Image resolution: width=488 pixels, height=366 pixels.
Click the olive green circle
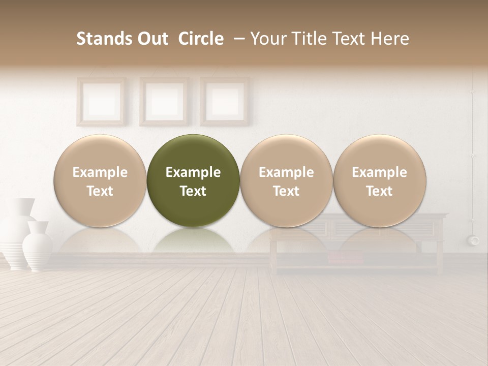point(193,180)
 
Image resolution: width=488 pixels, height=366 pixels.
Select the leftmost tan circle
point(100,180)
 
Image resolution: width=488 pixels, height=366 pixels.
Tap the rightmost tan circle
point(379,180)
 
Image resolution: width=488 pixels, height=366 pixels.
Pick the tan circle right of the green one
point(286,180)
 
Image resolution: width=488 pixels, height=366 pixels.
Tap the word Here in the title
point(390,39)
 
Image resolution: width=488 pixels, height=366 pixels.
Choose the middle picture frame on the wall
point(164,101)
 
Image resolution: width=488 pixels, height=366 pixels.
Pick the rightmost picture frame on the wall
point(224,101)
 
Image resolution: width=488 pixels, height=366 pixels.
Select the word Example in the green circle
point(193,172)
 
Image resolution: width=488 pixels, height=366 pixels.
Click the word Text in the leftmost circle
point(100,191)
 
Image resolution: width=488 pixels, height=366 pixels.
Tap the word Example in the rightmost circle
point(379,172)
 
